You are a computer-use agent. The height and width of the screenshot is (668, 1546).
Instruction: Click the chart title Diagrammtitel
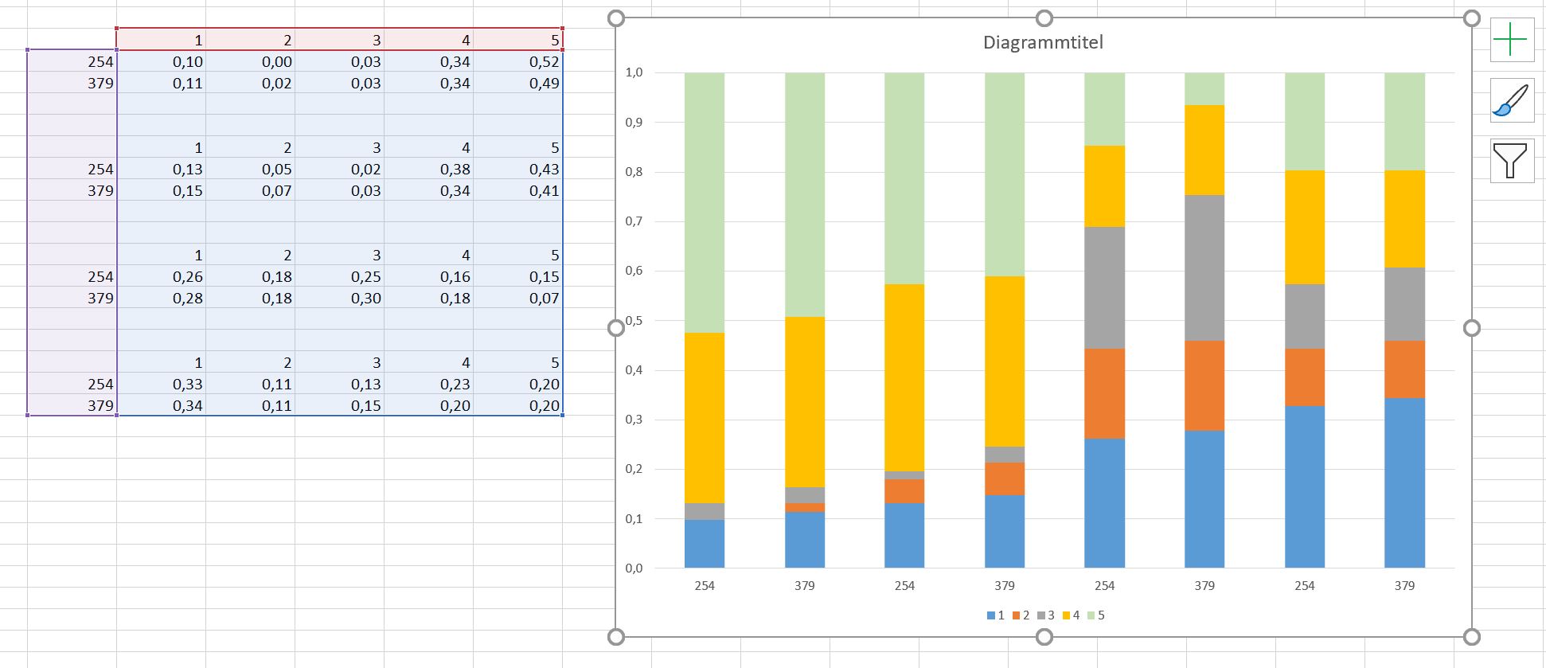[1043, 42]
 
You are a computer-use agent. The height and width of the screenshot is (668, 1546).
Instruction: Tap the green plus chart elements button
[1512, 40]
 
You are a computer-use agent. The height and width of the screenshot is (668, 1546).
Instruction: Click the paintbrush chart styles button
[1512, 101]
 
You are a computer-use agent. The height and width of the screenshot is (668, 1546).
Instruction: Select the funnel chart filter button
[1512, 161]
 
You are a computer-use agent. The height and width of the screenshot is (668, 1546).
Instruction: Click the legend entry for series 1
[996, 615]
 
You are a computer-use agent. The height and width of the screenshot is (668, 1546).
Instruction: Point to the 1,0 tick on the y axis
[634, 72]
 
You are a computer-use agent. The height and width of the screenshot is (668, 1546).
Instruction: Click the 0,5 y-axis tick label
[634, 321]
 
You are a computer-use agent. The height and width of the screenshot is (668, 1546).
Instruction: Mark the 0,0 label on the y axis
[634, 568]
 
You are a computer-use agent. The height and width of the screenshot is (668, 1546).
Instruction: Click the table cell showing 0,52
[544, 61]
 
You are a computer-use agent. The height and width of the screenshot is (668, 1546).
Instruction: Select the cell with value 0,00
[277, 61]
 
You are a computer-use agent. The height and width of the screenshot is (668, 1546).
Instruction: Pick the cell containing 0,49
[544, 83]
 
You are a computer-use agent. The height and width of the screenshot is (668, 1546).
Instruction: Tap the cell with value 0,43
[544, 169]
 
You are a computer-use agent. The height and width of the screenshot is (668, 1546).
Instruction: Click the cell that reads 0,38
[455, 169]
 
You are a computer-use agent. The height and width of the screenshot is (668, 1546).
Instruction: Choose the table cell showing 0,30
[365, 298]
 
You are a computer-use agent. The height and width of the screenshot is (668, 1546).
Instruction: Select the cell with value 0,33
[188, 384]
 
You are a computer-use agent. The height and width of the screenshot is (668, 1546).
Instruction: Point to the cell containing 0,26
[188, 276]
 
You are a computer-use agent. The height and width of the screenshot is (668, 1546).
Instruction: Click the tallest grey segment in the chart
[1204, 268]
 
